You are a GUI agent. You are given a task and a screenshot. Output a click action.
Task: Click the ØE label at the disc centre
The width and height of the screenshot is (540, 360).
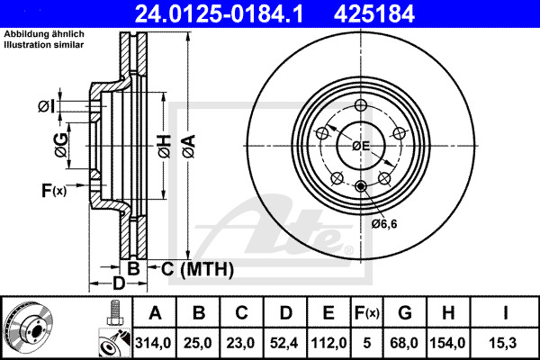coord(361,145)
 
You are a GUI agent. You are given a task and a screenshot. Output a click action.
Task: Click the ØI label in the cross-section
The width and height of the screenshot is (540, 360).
coord(47,107)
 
